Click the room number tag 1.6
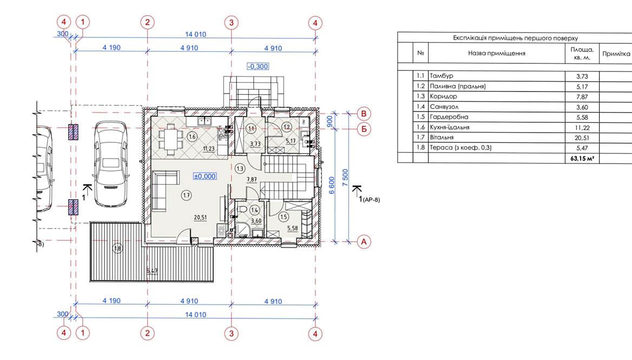click(x=192, y=136)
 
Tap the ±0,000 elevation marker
click(x=205, y=176)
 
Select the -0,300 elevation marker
click(x=258, y=66)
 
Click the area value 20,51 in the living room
click(x=200, y=218)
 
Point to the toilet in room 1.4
click(x=242, y=211)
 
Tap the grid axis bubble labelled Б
click(x=364, y=129)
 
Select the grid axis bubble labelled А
click(x=364, y=242)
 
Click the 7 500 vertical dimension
click(x=345, y=178)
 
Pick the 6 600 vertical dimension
click(x=332, y=186)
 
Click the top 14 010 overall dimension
click(x=195, y=34)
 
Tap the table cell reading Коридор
click(x=443, y=96)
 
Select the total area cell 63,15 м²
click(x=582, y=159)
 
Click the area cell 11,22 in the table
click(x=582, y=127)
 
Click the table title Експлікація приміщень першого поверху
click(x=516, y=38)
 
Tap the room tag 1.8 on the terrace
click(x=118, y=248)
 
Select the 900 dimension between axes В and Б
click(x=330, y=121)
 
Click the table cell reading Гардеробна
click(x=449, y=117)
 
